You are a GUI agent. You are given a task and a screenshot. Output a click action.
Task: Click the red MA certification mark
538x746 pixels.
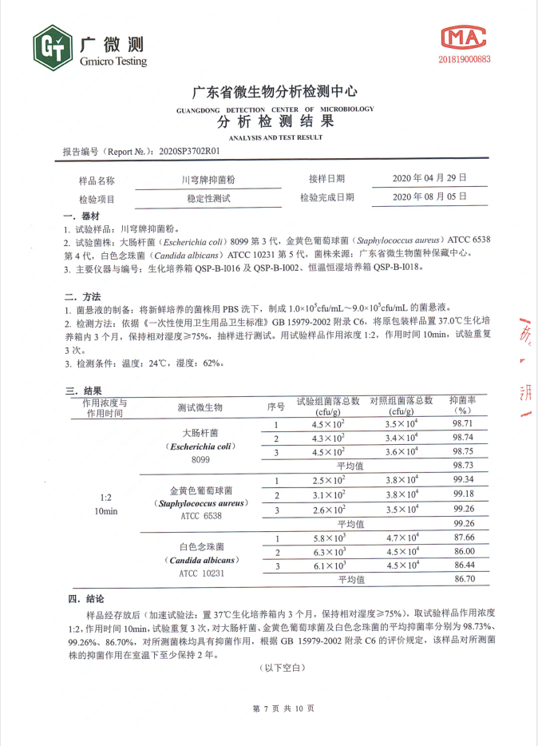point(465,38)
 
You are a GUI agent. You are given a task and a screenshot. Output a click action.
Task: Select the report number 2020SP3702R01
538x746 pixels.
point(189,150)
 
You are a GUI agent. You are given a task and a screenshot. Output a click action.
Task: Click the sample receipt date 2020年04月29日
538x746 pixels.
point(429,178)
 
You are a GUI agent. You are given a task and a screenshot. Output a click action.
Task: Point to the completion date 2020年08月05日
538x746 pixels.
point(429,196)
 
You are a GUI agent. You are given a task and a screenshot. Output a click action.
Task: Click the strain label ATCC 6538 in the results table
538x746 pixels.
point(201,516)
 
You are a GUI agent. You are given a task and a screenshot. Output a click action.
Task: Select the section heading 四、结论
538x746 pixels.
point(82,598)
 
